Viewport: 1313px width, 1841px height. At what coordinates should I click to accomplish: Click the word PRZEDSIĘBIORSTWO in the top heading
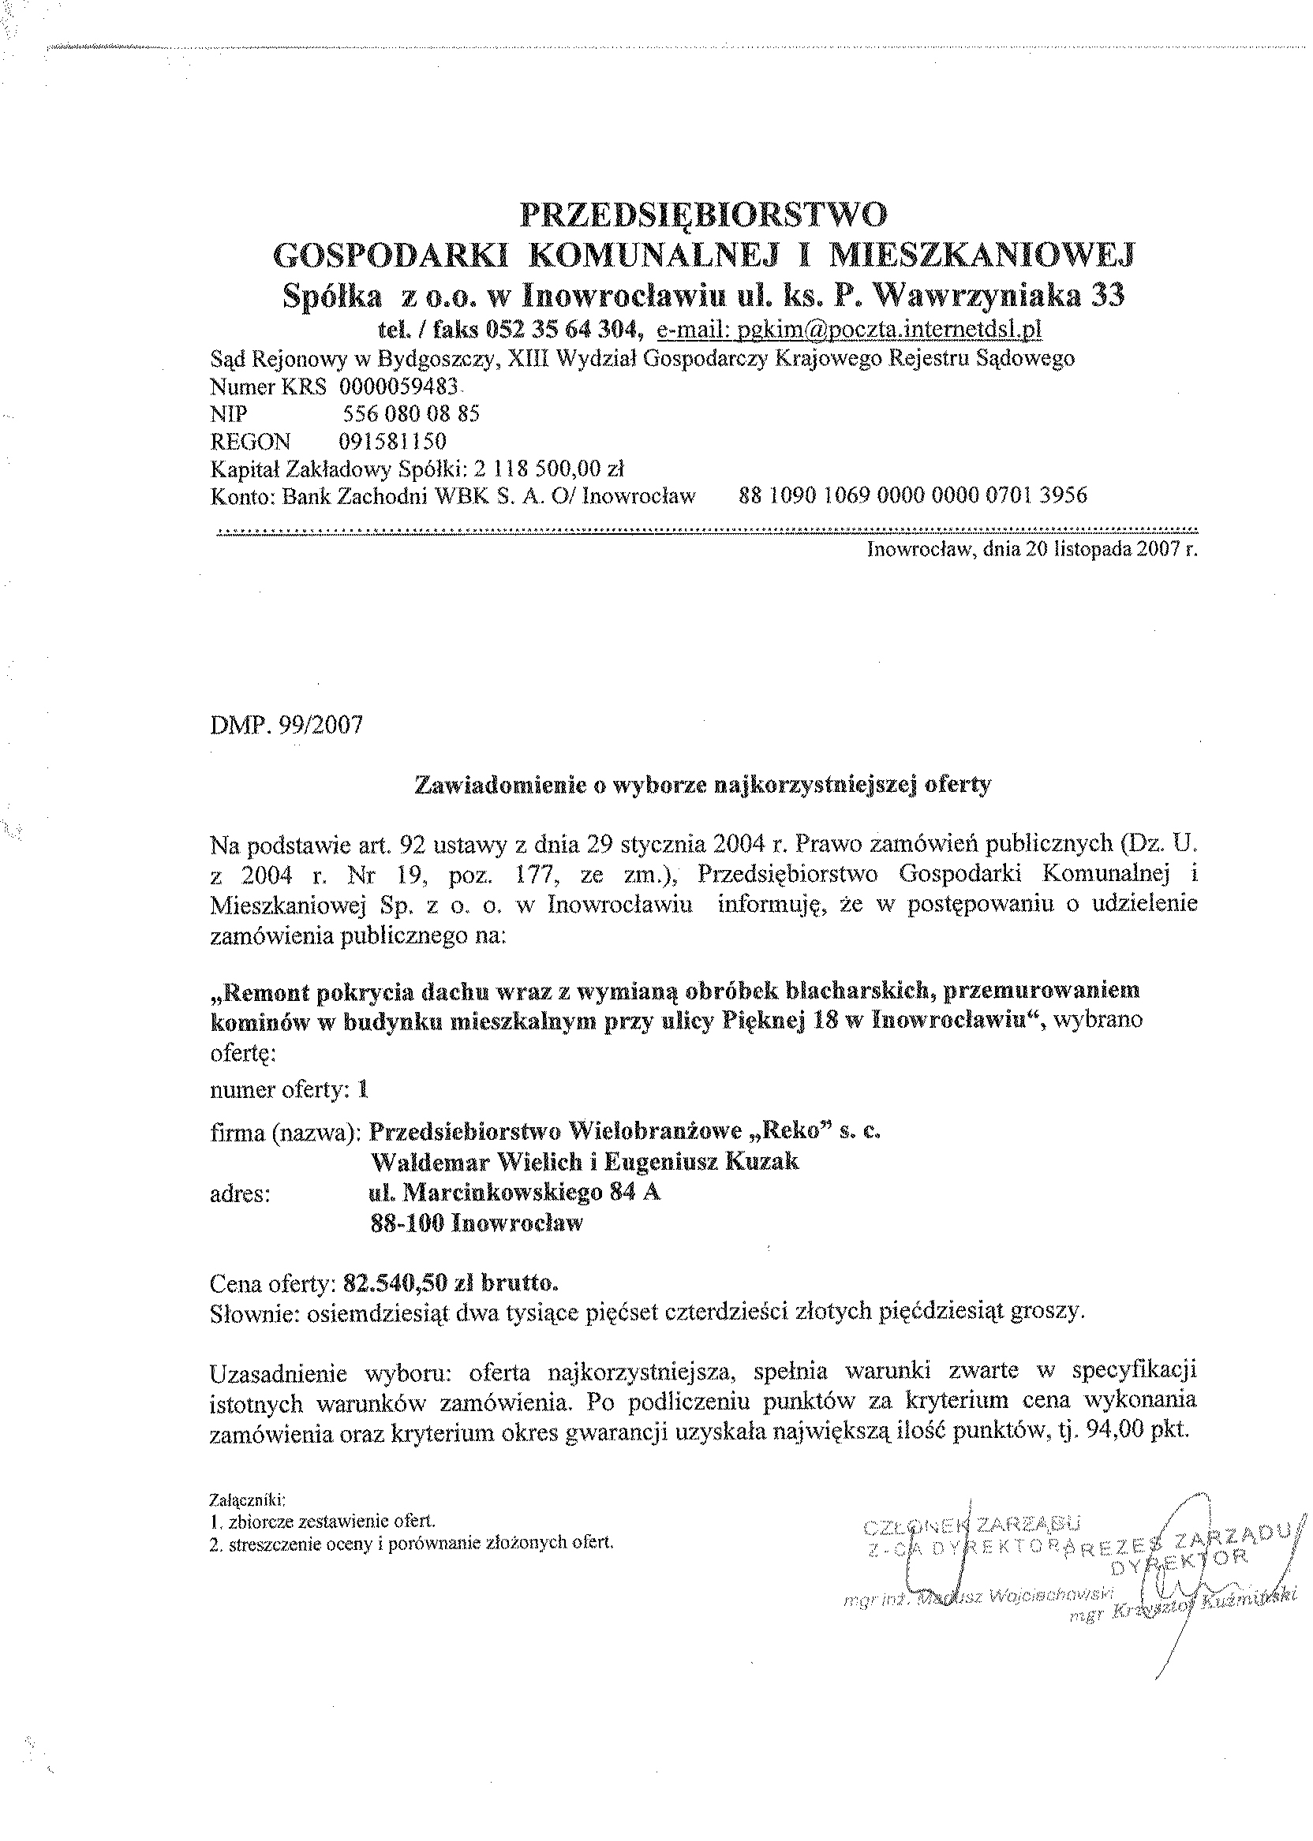point(702,215)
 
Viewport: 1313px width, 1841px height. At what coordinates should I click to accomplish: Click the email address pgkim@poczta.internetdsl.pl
point(848,329)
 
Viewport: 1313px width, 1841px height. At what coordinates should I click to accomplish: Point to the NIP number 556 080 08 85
point(412,414)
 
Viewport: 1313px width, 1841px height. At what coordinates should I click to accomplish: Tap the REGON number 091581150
point(392,441)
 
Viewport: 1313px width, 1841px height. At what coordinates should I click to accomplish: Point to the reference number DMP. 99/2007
point(286,725)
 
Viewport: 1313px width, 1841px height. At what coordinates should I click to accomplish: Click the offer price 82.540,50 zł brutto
point(451,1283)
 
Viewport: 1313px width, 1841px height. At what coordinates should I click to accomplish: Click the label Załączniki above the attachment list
point(248,1500)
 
